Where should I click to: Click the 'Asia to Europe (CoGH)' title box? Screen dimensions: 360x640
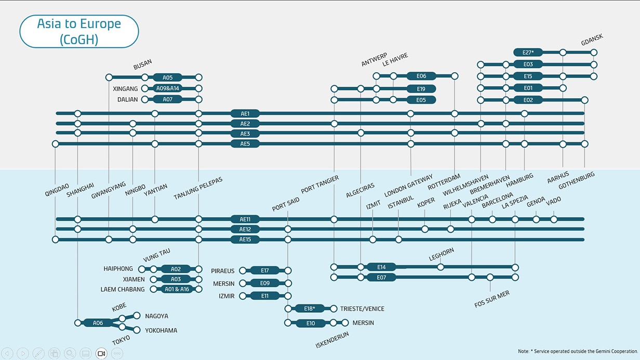(x=79, y=31)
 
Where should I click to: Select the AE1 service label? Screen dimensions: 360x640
(x=245, y=113)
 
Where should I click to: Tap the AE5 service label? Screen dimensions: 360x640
(x=245, y=144)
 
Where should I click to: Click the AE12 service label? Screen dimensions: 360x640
(x=245, y=229)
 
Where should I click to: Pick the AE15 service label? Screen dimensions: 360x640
(x=245, y=239)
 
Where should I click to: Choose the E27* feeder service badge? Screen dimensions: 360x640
(x=528, y=52)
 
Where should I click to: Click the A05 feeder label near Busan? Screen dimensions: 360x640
(x=167, y=77)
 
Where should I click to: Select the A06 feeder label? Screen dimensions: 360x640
(x=98, y=323)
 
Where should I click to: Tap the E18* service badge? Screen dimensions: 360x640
(x=310, y=309)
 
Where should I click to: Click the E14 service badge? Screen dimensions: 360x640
(x=381, y=267)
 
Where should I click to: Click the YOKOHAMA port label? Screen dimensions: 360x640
(x=161, y=330)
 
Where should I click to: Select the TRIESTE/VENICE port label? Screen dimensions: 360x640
(x=362, y=309)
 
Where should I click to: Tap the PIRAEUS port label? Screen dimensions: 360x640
(x=223, y=271)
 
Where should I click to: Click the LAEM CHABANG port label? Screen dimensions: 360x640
(x=123, y=289)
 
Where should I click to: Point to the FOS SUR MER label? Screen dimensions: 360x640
(x=492, y=299)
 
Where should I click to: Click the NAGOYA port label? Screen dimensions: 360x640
(x=156, y=316)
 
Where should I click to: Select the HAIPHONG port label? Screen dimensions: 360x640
(x=118, y=269)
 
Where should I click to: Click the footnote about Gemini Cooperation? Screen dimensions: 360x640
(x=578, y=351)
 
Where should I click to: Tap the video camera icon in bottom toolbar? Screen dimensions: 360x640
(x=101, y=354)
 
